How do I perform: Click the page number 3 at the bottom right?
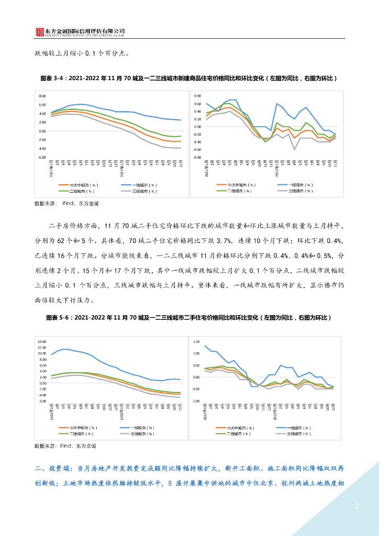coord(356,506)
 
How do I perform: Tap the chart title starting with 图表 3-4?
coord(189,78)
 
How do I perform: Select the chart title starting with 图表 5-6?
coord(189,318)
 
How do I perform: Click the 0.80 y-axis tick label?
coord(197,96)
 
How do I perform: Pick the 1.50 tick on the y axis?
coord(196,342)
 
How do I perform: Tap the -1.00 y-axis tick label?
coord(196,401)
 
